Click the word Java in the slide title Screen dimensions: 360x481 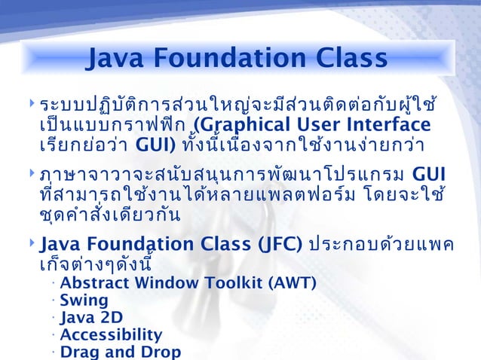[115, 57]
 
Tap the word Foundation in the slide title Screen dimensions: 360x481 [230, 57]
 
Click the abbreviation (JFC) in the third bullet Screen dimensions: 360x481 [277, 245]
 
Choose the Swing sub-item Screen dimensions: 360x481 [84, 301]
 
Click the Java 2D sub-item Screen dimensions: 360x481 [90, 317]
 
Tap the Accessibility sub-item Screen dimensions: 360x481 [111, 334]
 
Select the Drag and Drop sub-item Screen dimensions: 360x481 [120, 352]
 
